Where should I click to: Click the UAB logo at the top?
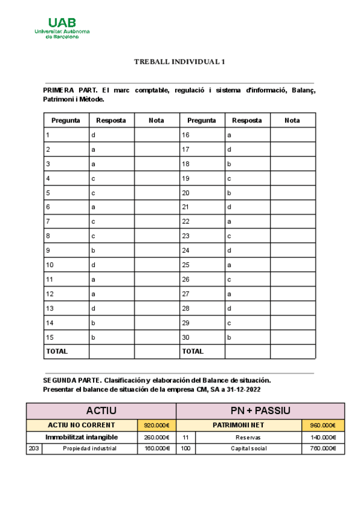pos(62,27)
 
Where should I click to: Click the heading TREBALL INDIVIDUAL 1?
pos(179,62)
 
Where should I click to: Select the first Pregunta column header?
pos(66,120)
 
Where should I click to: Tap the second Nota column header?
pos(292,120)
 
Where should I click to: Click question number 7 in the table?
pos(47,221)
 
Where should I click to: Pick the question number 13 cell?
pos(49,308)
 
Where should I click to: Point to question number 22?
pos(185,221)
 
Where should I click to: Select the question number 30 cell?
pos(185,337)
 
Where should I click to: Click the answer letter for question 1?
pos(93,135)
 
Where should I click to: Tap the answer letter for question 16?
pos(229,135)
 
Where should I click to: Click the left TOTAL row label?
pos(56,351)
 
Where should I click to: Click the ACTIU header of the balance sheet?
pos(101,411)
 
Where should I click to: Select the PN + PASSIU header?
pos(260,411)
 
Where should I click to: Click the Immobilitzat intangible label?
pos(82,437)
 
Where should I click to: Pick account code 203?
pos(34,448)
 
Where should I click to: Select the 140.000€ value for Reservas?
pos(323,437)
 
